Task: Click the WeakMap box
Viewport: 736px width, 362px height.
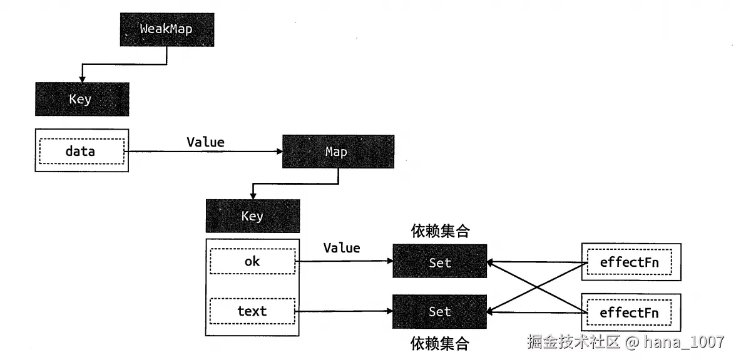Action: coord(166,29)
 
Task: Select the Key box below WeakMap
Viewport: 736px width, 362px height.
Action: coord(82,99)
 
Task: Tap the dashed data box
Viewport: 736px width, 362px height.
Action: coord(81,151)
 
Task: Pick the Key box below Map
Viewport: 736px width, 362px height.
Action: coord(252,216)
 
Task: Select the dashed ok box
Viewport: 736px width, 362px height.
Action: coord(252,262)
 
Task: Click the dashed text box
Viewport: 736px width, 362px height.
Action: coord(252,311)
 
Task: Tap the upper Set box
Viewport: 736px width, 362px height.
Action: coord(439,262)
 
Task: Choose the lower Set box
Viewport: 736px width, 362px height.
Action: coord(439,311)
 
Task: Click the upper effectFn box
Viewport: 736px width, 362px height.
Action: coord(630,262)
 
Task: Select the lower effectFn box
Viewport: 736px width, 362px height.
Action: coord(630,312)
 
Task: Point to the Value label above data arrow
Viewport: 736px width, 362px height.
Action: coord(205,142)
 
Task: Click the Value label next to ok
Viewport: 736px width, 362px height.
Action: coord(342,248)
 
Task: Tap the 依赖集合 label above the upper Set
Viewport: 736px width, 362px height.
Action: coord(440,232)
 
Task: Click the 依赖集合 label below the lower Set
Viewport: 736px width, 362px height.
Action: coord(440,343)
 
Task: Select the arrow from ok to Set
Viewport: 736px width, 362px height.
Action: coord(344,261)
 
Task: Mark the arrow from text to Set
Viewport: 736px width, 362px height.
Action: coord(344,310)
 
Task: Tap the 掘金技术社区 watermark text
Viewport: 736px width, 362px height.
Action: coord(573,342)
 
